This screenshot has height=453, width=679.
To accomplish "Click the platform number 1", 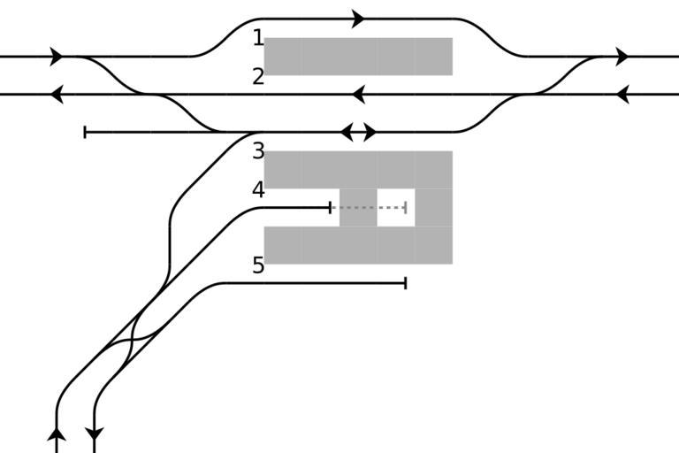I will tap(258, 38).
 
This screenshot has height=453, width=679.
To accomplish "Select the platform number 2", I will tap(258, 77).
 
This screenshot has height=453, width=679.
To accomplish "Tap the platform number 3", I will tap(258, 151).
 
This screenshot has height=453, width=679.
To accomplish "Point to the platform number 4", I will tap(258, 189).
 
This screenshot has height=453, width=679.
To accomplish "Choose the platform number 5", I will tap(258, 265).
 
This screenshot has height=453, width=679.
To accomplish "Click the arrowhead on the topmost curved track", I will tap(358, 19).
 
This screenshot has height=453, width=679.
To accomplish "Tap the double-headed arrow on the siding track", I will tap(358, 133).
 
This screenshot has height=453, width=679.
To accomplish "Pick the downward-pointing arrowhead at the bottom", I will tap(94, 434).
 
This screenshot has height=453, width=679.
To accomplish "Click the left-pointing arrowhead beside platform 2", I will tap(358, 94).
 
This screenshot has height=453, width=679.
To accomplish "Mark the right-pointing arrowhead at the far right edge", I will tap(622, 57).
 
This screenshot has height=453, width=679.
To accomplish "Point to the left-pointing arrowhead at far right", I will tap(622, 94).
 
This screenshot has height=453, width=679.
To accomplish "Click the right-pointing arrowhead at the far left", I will tap(57, 57).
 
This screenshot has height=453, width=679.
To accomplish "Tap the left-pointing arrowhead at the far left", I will tap(57, 94).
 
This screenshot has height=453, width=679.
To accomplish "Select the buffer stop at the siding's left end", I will tap(85, 133).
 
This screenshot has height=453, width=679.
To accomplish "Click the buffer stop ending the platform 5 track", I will tap(405, 283).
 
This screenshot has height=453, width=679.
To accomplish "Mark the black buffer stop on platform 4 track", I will tap(331, 208).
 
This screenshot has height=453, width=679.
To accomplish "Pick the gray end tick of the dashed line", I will tap(405, 208).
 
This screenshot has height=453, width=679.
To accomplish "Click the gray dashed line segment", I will tap(368, 208).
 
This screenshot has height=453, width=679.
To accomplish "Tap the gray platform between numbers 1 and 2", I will tap(358, 57).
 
